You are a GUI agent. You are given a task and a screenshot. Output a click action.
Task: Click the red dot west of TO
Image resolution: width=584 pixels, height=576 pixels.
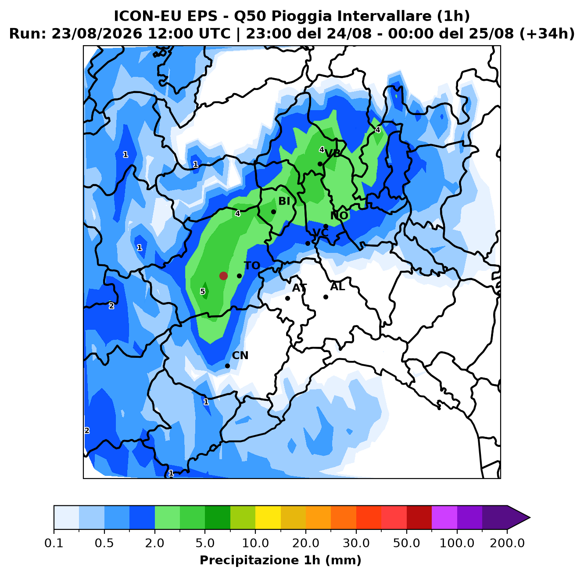224,276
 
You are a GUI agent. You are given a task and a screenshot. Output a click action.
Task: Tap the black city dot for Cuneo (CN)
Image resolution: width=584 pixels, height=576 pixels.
228,366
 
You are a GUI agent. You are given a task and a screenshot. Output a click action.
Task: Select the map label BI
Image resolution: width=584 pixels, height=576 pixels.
284,201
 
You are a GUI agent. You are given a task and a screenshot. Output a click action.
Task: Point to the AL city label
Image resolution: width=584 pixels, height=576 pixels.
337,287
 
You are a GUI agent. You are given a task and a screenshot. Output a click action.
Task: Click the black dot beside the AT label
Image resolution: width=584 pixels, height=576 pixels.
287,299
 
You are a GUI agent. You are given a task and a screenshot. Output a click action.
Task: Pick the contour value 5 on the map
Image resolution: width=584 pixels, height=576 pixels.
203,292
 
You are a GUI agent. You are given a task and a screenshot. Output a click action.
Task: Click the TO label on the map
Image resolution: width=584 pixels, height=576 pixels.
252,266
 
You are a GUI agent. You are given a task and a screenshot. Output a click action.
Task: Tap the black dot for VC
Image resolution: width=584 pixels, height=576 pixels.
308,244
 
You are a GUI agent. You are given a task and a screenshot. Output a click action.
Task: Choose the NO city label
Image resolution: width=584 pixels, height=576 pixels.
339,216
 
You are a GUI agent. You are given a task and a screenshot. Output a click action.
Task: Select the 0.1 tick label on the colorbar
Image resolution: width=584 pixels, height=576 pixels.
54,543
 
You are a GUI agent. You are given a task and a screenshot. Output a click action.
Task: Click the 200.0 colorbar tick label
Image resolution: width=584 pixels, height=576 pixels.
507,543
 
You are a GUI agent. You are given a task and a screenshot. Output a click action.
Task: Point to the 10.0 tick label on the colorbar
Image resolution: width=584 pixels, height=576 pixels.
255,543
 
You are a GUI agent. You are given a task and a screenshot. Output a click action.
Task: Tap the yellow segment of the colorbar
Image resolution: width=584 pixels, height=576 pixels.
268,518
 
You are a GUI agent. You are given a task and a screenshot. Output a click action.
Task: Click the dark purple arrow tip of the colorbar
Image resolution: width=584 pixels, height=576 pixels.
530,518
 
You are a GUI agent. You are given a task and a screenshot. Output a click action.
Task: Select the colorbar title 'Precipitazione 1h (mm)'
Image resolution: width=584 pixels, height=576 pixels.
281,560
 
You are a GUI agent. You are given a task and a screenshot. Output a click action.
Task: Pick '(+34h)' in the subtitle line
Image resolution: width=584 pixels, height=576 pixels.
547,34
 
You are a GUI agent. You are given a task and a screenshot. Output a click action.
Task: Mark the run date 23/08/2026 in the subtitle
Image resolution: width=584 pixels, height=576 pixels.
97,34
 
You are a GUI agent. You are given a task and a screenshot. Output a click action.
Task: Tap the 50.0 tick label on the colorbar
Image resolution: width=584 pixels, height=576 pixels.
407,543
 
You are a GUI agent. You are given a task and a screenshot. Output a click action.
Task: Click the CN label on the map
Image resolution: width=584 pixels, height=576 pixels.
240,355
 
